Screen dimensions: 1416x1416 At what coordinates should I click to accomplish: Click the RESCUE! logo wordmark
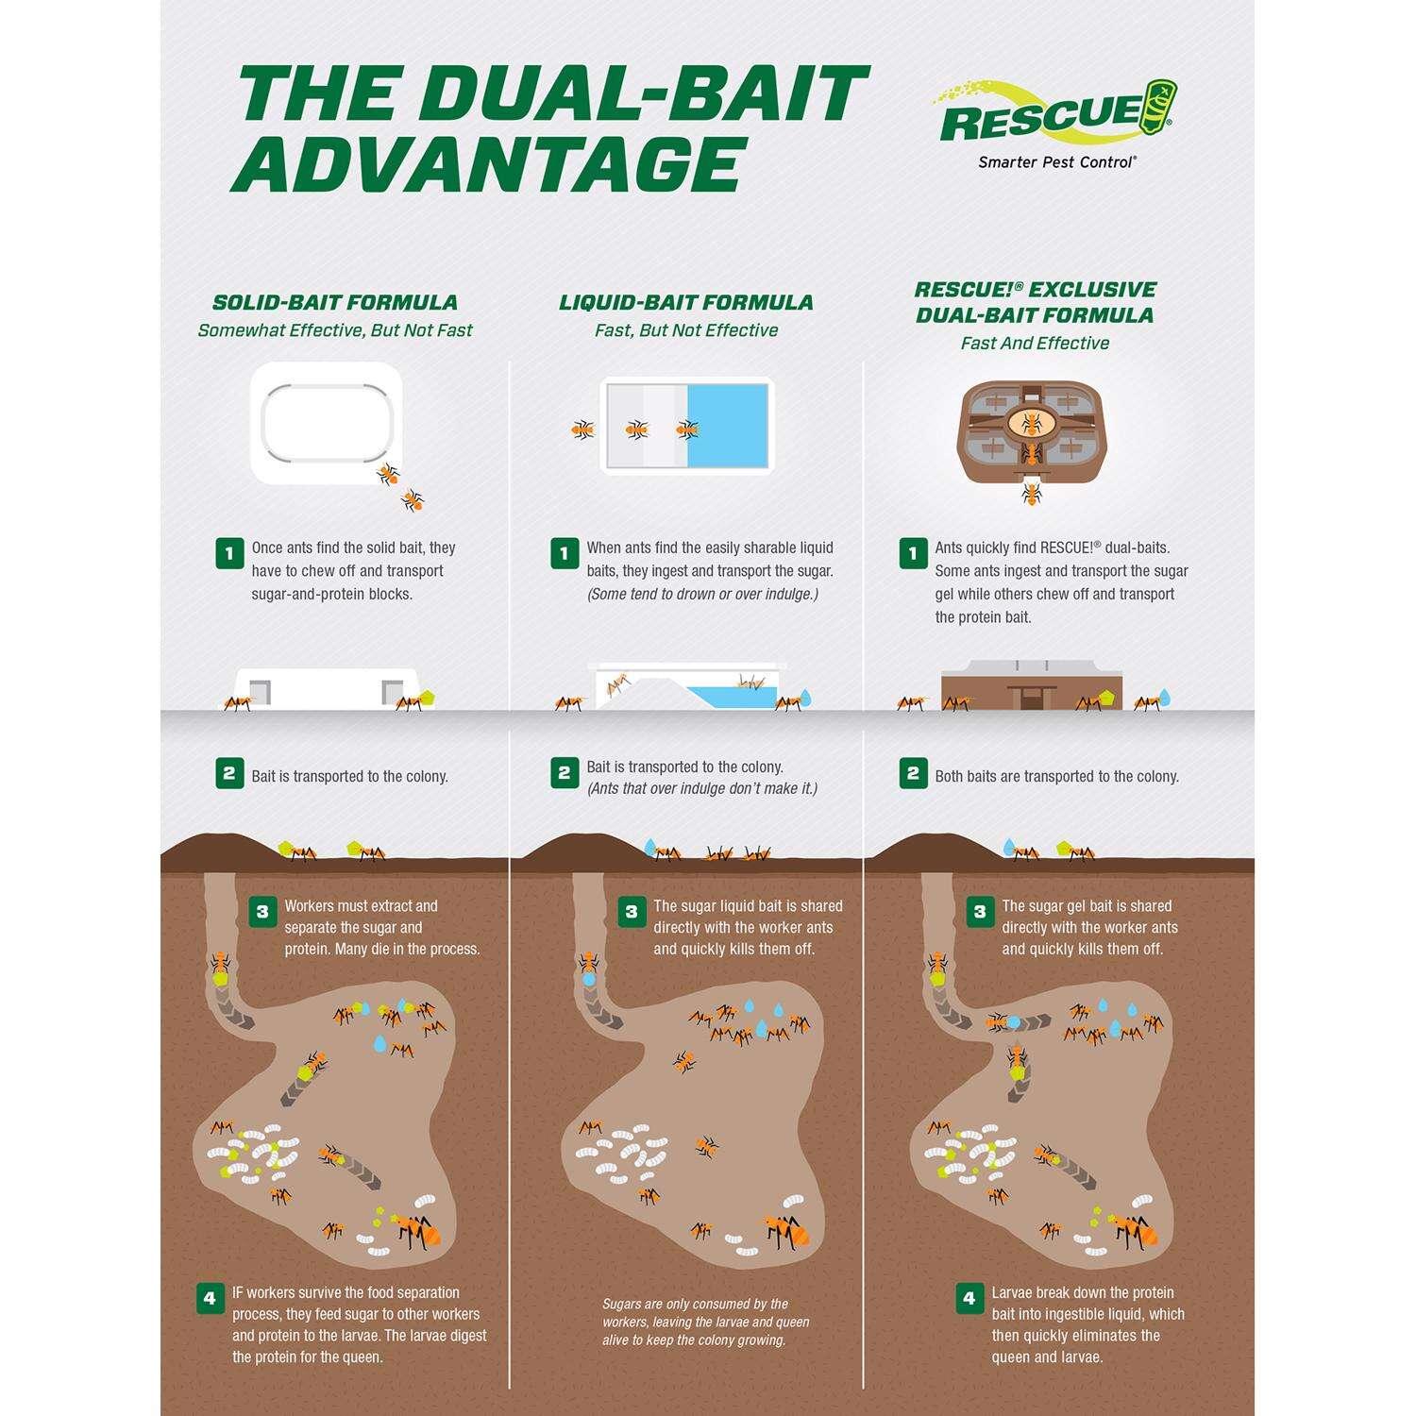[x=1042, y=117]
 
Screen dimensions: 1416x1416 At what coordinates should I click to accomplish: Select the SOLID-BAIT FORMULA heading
[x=335, y=302]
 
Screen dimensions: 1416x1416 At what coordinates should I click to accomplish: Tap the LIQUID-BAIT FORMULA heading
[x=686, y=302]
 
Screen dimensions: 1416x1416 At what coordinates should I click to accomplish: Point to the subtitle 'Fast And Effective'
[x=1035, y=344]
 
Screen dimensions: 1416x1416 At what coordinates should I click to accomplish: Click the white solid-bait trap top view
[x=327, y=423]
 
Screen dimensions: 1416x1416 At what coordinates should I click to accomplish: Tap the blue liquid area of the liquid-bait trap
[x=728, y=426]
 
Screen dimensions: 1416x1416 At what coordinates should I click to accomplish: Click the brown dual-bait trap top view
[x=1033, y=430]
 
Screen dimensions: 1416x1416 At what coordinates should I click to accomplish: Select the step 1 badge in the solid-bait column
[x=229, y=553]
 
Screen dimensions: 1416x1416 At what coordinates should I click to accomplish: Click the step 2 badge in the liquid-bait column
[x=565, y=773]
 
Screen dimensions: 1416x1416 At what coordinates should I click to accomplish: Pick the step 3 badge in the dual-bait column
[x=980, y=912]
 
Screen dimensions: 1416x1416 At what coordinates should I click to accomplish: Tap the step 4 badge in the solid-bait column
[x=210, y=1298]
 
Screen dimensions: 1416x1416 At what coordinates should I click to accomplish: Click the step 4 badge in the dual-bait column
[x=969, y=1298]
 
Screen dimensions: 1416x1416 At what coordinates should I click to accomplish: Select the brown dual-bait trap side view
[x=1032, y=690]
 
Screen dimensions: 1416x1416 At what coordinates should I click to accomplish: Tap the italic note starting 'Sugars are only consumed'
[x=706, y=1322]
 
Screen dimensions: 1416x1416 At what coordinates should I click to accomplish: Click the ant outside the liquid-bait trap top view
[x=583, y=430]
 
